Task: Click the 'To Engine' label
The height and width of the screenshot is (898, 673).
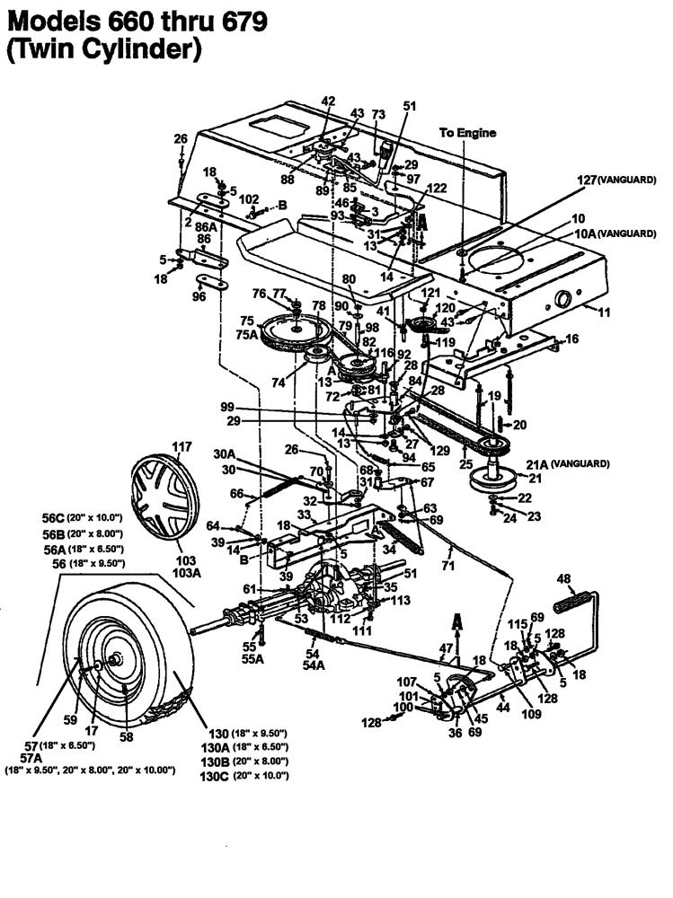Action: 467,133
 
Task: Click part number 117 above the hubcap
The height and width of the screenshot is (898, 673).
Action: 182,446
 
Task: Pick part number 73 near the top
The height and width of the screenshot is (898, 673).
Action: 377,114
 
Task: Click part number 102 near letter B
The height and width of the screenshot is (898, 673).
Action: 249,199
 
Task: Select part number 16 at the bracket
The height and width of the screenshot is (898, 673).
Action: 571,339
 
